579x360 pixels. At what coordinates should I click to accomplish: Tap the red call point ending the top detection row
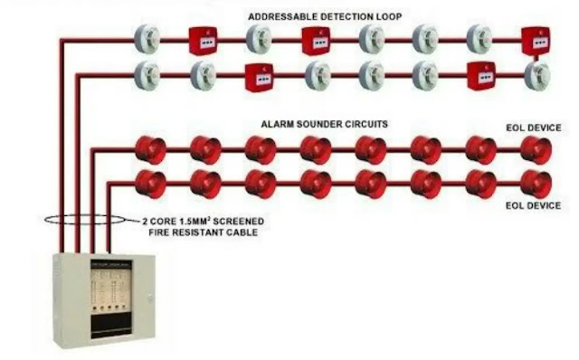pos(536,40)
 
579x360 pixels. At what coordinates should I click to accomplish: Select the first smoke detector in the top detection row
pos(146,39)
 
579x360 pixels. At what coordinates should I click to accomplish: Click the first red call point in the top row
pos(202,40)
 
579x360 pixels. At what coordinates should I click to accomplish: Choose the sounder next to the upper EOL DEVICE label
pos(536,151)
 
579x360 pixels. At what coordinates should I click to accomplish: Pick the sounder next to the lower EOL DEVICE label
pos(536,184)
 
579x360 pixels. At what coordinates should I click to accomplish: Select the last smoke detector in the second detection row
pos(536,76)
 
